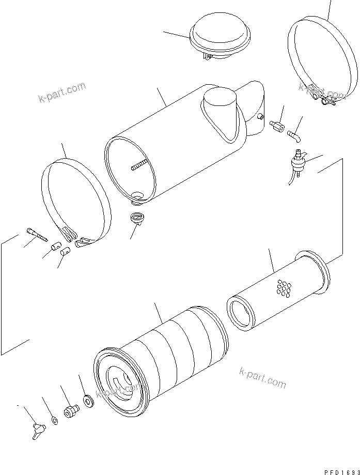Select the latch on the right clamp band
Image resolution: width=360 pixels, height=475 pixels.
click(326, 100)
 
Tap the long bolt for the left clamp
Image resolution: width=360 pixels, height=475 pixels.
click(36, 235)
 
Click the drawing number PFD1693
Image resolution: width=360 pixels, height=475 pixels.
click(339, 471)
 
